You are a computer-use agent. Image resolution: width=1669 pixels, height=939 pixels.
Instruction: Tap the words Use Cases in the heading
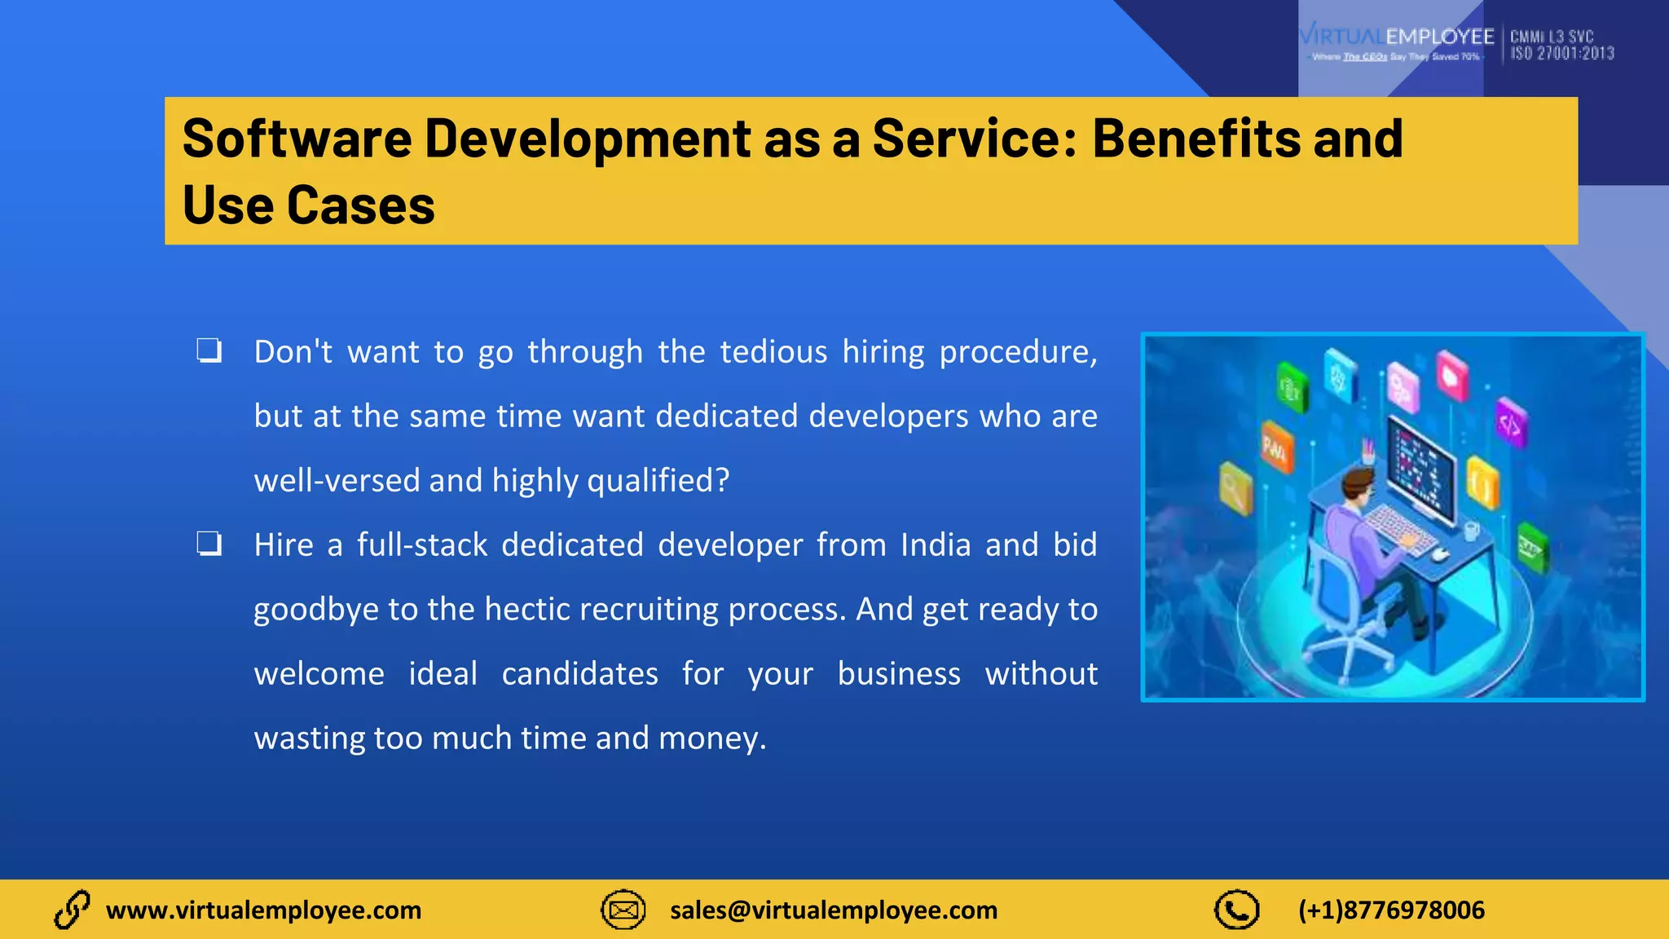(308, 205)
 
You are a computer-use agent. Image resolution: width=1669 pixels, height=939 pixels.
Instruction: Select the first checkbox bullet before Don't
(209, 351)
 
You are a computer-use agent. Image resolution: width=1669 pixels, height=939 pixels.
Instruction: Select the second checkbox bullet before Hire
(209, 544)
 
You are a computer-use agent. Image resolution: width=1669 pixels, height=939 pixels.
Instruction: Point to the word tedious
(773, 352)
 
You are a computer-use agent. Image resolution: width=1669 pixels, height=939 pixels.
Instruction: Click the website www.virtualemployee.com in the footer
(263, 910)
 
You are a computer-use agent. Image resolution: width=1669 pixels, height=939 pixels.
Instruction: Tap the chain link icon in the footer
(72, 910)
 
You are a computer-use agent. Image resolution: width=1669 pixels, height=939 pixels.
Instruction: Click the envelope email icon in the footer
(623, 910)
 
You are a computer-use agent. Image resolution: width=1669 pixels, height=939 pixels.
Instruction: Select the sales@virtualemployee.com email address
(833, 910)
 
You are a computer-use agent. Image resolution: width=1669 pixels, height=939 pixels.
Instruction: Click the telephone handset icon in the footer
(1236, 910)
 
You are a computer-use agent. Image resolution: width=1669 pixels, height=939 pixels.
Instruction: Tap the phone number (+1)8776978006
(1391, 910)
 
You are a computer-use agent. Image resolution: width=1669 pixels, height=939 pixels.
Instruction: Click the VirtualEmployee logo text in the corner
(1397, 37)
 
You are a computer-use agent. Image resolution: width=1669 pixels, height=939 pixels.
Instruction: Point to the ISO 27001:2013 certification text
(1561, 54)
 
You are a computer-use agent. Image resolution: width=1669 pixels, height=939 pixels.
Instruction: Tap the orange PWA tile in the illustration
(1276, 446)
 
